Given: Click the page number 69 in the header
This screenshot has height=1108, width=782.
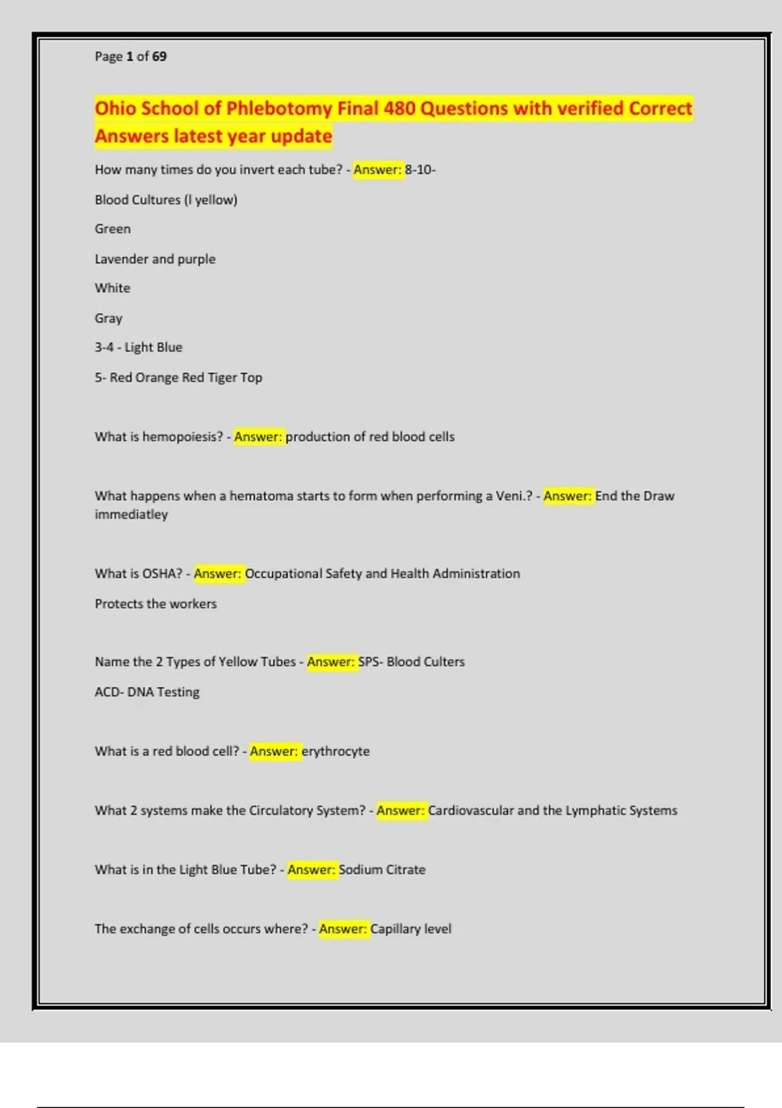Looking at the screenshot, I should (159, 57).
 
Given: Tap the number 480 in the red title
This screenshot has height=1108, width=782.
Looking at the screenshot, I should (399, 108).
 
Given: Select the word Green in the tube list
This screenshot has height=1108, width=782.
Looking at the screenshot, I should (113, 229).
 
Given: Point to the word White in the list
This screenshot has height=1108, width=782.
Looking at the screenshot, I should (113, 288).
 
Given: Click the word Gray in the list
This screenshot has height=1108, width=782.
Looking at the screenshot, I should (109, 318).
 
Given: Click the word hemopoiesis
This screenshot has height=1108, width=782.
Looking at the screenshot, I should (182, 437).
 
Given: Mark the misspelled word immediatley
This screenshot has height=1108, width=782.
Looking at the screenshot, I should (132, 514).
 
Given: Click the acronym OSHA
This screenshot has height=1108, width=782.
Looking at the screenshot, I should (162, 574).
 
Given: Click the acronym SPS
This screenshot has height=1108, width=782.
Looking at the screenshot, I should (368, 662).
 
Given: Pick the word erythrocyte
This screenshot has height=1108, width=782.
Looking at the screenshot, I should (336, 751).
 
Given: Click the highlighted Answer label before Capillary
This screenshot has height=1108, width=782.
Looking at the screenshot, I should (343, 929).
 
